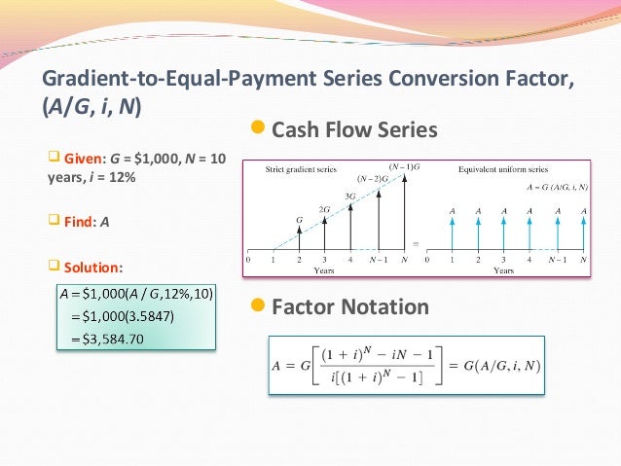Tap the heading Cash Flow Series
(354, 129)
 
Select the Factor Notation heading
(350, 307)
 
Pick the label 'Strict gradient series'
(301, 168)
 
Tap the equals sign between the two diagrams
(419, 243)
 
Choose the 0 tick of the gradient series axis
(248, 261)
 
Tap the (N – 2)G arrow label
(369, 178)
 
